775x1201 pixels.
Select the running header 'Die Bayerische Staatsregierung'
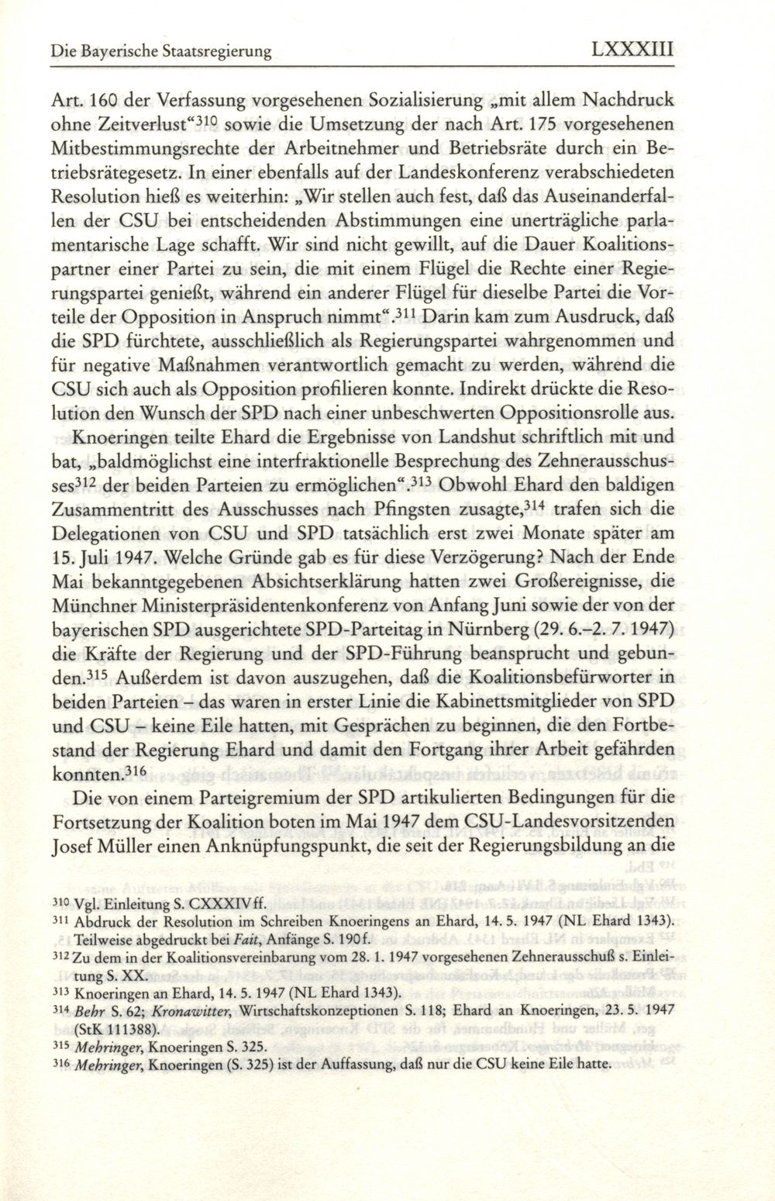pyautogui.click(x=160, y=53)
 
